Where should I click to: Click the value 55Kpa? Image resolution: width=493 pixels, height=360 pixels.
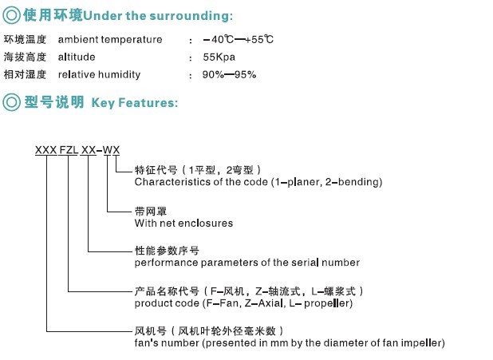[x=218, y=57]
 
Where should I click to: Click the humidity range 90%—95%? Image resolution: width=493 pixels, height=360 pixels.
[x=230, y=75]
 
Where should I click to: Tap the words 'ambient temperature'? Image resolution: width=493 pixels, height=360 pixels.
[x=110, y=40]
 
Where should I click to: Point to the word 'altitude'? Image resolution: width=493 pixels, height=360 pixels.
[x=77, y=57]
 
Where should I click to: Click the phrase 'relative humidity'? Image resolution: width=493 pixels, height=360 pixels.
[x=99, y=75]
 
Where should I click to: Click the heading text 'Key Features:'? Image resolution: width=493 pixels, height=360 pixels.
[x=135, y=103]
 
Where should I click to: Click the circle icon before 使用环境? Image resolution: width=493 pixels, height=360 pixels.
[x=12, y=16]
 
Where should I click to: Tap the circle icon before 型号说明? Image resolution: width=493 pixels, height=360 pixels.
[x=12, y=102]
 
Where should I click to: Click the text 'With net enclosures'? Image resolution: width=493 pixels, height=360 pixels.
[x=183, y=224]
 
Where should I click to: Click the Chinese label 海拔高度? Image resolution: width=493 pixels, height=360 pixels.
[x=26, y=57]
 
